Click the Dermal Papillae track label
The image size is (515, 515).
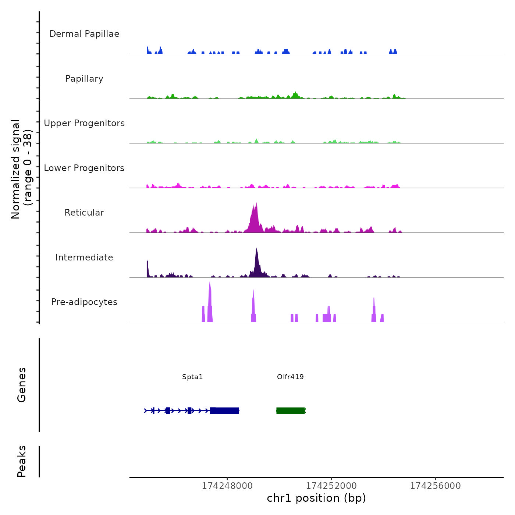coord(84,34)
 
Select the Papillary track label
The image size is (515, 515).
coord(84,79)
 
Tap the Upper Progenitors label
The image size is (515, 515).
coord(84,123)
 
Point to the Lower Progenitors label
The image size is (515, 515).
coord(84,168)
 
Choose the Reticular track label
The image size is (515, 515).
coord(84,213)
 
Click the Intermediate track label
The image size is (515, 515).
coord(84,257)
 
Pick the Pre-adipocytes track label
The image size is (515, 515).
coord(84,302)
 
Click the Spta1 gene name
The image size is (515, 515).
coord(192,377)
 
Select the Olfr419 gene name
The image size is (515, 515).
coord(290,377)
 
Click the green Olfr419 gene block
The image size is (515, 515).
coord(290,411)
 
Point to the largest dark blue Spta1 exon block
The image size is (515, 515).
coord(225,411)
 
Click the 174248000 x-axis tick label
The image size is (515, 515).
coord(227,486)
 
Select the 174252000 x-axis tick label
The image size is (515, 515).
coord(331,486)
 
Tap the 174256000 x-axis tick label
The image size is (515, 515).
coord(436,486)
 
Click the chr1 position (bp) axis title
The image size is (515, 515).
coord(316,498)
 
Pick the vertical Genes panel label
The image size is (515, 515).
coord(22,385)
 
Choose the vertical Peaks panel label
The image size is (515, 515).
coord(22,461)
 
